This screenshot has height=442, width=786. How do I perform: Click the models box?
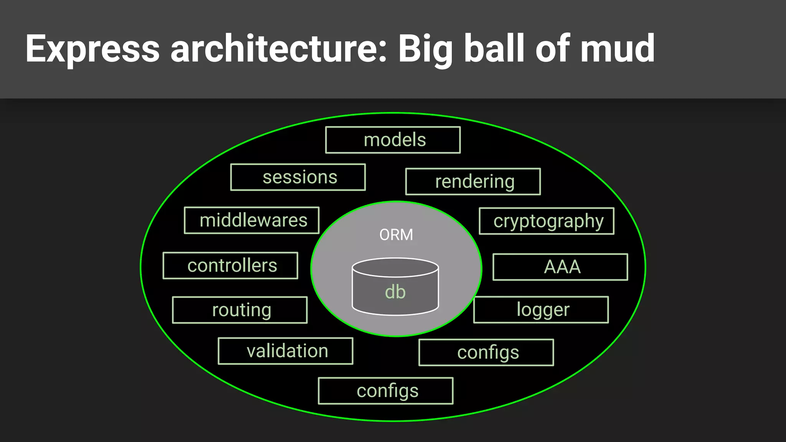(393, 140)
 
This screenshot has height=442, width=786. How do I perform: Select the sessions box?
(298, 177)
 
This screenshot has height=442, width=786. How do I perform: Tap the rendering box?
(473, 181)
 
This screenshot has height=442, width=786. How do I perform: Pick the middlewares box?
(252, 220)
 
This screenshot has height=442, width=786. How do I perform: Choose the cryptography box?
(547, 221)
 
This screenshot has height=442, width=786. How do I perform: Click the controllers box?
(230, 266)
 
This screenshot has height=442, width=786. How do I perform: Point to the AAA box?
(560, 267)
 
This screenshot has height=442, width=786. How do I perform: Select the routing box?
(240, 310)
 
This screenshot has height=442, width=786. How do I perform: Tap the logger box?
(541, 310)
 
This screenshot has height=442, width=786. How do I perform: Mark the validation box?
(286, 351)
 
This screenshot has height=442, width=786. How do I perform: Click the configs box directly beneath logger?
(486, 353)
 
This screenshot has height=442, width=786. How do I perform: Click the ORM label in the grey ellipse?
(396, 235)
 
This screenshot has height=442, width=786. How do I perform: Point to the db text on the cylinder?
(395, 292)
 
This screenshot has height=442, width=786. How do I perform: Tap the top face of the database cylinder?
(395, 267)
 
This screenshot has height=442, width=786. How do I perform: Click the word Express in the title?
(92, 49)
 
